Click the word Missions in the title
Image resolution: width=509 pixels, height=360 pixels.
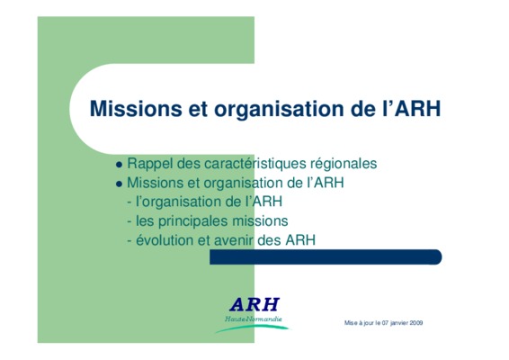click(136, 109)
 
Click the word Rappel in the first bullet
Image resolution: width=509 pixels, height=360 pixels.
click(149, 164)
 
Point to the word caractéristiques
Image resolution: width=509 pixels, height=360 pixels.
click(255, 164)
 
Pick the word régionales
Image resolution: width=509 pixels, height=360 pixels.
click(344, 164)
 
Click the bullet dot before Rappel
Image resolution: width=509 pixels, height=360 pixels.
click(119, 165)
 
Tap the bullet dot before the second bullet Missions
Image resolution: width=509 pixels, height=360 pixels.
click(119, 184)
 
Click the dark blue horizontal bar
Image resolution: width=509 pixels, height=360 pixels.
click(326, 257)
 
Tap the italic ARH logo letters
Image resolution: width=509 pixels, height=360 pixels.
click(254, 305)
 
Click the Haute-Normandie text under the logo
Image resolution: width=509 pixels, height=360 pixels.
click(254, 319)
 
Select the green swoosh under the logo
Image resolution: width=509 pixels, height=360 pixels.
click(252, 328)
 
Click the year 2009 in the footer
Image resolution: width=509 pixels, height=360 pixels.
click(416, 323)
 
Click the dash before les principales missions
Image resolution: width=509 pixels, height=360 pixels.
click(129, 222)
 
